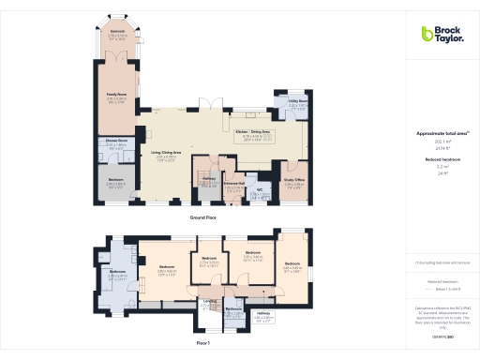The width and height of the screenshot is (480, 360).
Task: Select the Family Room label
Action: (116, 94)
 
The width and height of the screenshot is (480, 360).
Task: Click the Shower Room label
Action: (116, 142)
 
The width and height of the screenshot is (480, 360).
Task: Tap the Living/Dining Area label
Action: (166, 153)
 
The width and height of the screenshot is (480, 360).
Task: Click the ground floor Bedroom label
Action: (114, 182)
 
